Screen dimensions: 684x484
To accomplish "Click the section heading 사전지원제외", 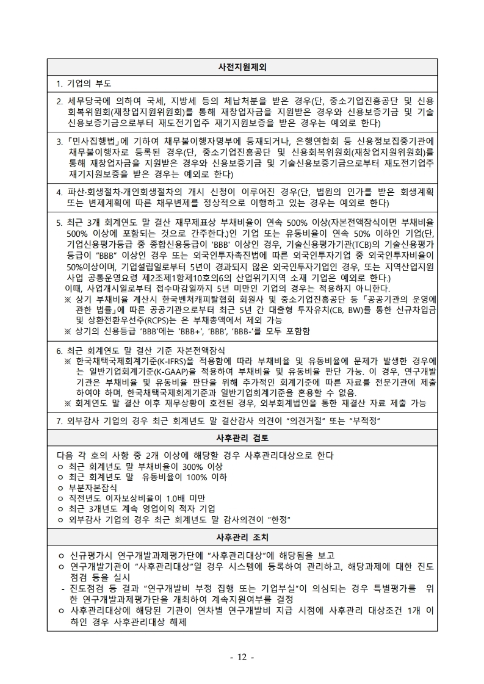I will coord(242,66).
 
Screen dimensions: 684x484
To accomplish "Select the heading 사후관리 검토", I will coord(242,438).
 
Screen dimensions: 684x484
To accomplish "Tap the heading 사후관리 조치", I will coord(242,538).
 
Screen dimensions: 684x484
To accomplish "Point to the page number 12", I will coord(242,657).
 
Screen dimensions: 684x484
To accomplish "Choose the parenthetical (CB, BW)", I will coord(353,309).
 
